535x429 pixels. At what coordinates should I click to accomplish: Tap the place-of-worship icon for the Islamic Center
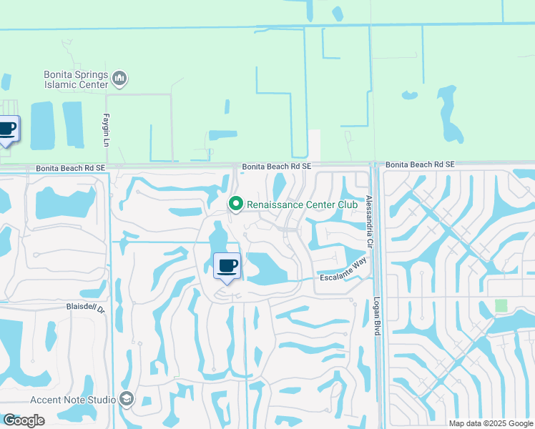pos(119,77)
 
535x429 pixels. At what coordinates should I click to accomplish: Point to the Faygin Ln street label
pos(105,132)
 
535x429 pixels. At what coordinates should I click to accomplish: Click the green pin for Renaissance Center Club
pos(236,204)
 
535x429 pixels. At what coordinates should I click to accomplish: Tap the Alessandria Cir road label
pos(370,222)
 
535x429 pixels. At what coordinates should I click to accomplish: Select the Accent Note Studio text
pos(72,400)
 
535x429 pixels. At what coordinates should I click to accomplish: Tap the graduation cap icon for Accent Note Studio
pos(127,399)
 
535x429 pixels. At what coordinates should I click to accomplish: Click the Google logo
pos(24,420)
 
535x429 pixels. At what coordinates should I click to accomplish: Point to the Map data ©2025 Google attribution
pos(491,423)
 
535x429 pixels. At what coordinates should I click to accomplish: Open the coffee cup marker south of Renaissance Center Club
pos(227,267)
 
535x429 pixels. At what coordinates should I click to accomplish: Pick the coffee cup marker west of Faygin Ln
pos(7,129)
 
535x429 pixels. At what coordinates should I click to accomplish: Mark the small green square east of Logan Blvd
pos(501,305)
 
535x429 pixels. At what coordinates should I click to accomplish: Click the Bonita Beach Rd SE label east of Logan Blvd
pos(420,164)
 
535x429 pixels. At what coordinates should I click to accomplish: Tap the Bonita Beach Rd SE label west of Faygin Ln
pos(70,168)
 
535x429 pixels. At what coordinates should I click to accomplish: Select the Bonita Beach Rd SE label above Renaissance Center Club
pos(277,166)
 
